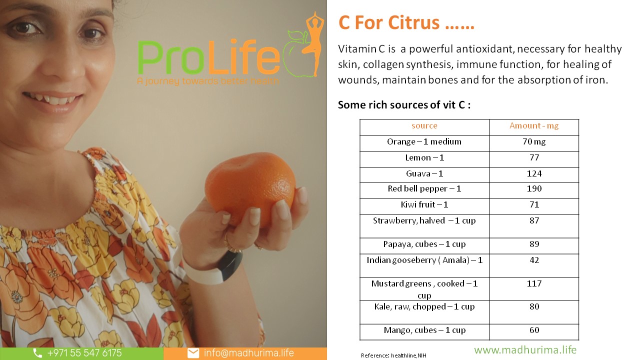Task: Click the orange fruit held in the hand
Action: pyautogui.click(x=250, y=188)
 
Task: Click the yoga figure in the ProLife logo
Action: pyautogui.click(x=314, y=43)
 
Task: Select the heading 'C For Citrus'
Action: pyautogui.click(x=406, y=22)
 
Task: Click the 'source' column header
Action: pyautogui.click(x=424, y=125)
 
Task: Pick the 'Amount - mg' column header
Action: pyautogui.click(x=534, y=125)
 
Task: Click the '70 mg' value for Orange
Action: pyautogui.click(x=534, y=141)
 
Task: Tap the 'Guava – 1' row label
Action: pyautogui.click(x=424, y=173)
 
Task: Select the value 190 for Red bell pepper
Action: pyautogui.click(x=534, y=188)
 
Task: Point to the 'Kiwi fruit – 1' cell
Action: pyautogui.click(x=424, y=204)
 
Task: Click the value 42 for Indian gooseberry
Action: pyautogui.click(x=534, y=260)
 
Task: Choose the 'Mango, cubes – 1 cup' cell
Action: pyautogui.click(x=424, y=330)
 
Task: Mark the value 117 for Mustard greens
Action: pyautogui.click(x=534, y=283)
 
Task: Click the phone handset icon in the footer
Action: pyautogui.click(x=37, y=353)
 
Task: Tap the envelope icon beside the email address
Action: pyautogui.click(x=193, y=353)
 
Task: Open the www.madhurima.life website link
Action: pyautogui.click(x=525, y=350)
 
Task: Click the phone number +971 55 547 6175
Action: pyautogui.click(x=84, y=353)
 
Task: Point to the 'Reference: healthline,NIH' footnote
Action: pyautogui.click(x=393, y=355)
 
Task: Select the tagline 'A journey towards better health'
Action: pyautogui.click(x=207, y=81)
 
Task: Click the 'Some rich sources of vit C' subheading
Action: pyautogui.click(x=404, y=105)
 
